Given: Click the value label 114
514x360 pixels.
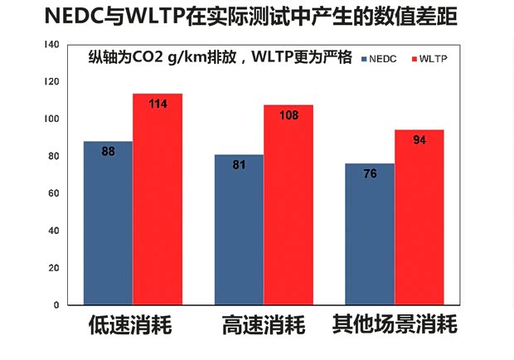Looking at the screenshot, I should pyautogui.click(x=158, y=105).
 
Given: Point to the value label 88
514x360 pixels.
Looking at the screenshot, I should pyautogui.click(x=109, y=152).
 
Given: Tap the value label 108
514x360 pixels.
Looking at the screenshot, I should pyautogui.click(x=289, y=116).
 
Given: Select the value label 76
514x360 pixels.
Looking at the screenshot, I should pyautogui.click(x=370, y=173).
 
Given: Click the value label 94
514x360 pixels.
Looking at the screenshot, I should pyautogui.click(x=419, y=140).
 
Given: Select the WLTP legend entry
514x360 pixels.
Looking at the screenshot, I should pyautogui.click(x=430, y=60).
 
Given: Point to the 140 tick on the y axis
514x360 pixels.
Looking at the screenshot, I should pyautogui.click(x=51, y=44).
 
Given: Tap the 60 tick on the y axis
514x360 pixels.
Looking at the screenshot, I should pyautogui.click(x=54, y=193).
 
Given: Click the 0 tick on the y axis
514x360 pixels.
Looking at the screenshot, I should pyautogui.click(x=56, y=305).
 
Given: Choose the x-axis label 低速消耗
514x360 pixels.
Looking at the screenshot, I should pyautogui.click(x=130, y=325).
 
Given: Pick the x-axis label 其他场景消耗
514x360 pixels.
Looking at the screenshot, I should pyautogui.click(x=394, y=325).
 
